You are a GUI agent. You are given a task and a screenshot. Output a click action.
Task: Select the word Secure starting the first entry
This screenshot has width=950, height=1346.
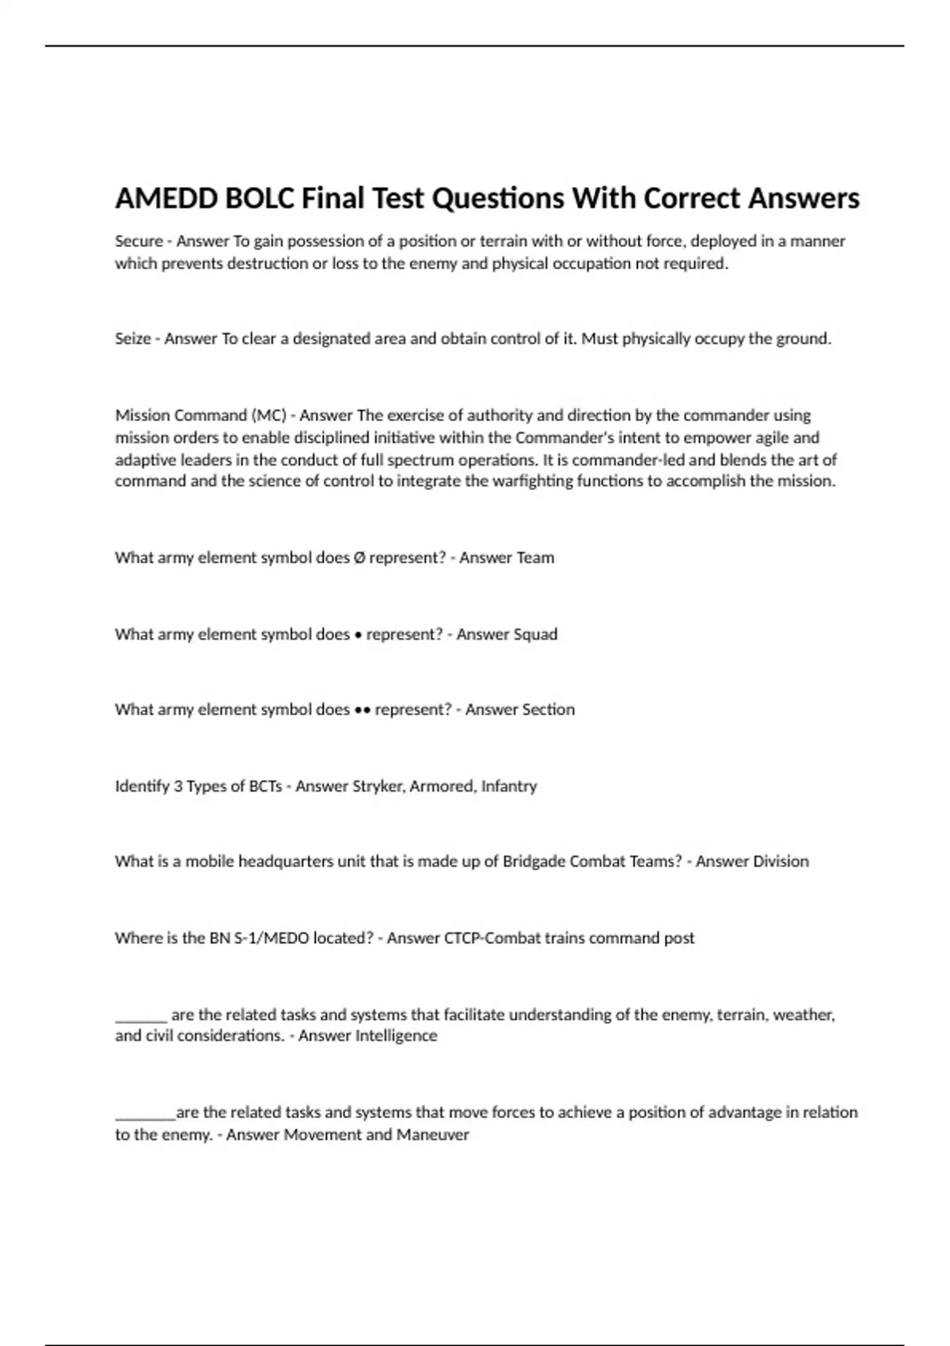pos(139,241)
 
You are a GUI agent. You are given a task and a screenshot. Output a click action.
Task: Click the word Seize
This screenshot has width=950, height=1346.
pos(133,339)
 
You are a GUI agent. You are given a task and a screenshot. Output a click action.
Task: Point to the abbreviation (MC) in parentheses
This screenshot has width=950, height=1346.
pos(269,416)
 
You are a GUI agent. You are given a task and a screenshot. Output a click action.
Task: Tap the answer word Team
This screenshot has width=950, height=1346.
pos(535,557)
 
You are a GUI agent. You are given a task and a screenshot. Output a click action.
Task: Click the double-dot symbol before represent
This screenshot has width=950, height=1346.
pos(362,710)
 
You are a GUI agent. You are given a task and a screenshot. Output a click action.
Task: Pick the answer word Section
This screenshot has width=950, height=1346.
pos(548,709)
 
